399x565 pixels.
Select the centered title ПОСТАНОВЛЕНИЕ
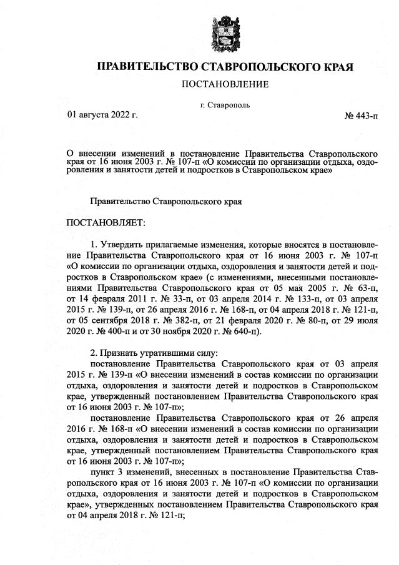pyautogui.click(x=225, y=84)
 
